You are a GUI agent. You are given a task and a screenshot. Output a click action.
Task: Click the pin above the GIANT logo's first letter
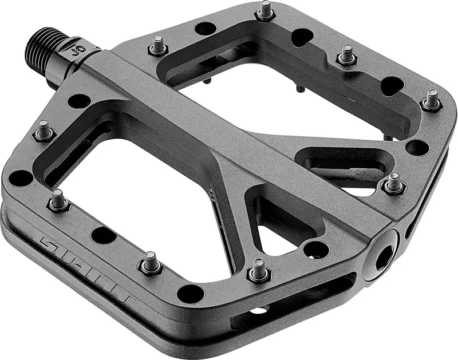[x=58, y=200]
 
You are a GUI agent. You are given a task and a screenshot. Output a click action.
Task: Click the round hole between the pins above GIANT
[x=103, y=234]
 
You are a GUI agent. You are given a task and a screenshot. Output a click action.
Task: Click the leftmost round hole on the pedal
[x=21, y=177]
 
